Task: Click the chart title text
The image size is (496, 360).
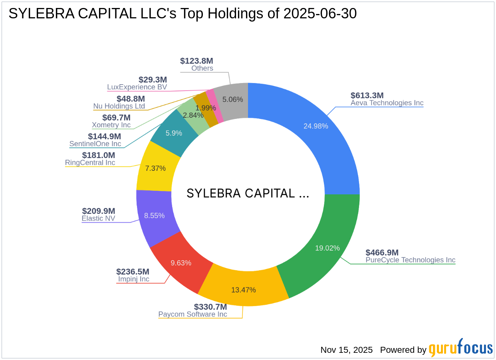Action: tap(183, 14)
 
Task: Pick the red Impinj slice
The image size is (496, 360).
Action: tap(180, 259)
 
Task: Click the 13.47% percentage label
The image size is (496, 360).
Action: tap(243, 290)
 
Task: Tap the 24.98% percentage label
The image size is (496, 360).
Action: tap(315, 126)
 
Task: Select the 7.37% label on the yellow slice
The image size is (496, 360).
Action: tap(155, 168)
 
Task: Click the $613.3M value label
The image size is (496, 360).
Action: tap(367, 95)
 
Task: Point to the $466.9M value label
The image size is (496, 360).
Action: tap(382, 253)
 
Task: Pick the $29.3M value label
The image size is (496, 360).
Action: tap(153, 80)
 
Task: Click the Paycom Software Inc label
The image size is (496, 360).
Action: tap(192, 315)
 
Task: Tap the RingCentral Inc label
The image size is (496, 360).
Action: tap(90, 163)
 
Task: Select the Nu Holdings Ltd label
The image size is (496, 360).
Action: tap(119, 106)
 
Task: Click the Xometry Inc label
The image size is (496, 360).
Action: tap(111, 125)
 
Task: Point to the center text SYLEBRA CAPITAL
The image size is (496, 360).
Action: tap(248, 194)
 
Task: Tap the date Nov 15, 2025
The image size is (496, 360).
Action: tap(346, 350)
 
